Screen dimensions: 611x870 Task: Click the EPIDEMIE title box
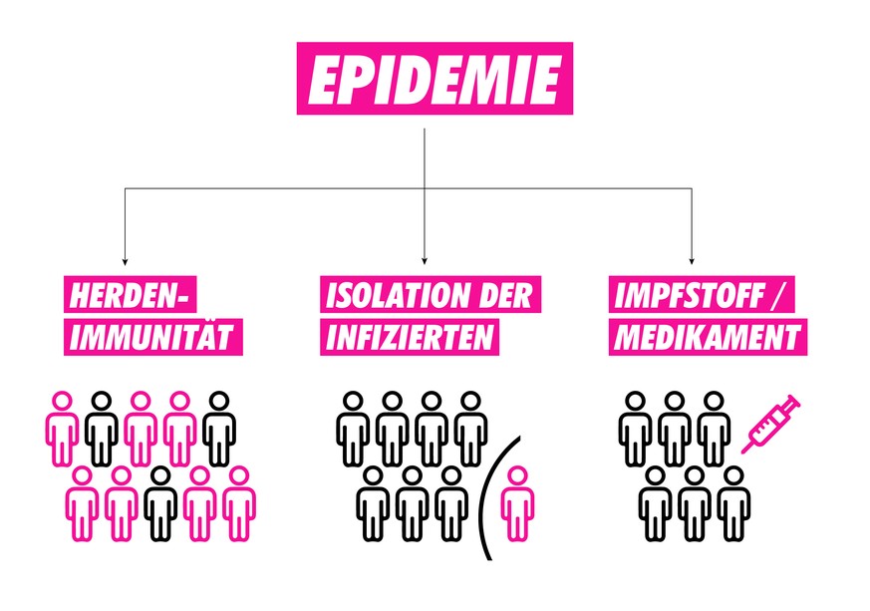point(435,79)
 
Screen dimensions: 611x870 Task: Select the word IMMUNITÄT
point(153,337)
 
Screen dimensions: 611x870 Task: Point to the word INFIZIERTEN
point(409,337)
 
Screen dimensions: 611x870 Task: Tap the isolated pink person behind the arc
point(516,503)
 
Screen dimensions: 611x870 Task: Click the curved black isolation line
point(486,498)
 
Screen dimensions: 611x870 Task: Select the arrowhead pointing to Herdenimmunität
point(124,258)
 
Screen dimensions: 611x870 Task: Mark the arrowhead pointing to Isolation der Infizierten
point(425,258)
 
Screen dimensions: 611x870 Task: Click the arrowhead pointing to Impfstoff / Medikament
point(691,258)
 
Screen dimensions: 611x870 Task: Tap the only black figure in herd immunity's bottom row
point(160,503)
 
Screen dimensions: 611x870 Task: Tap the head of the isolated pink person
point(516,476)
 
